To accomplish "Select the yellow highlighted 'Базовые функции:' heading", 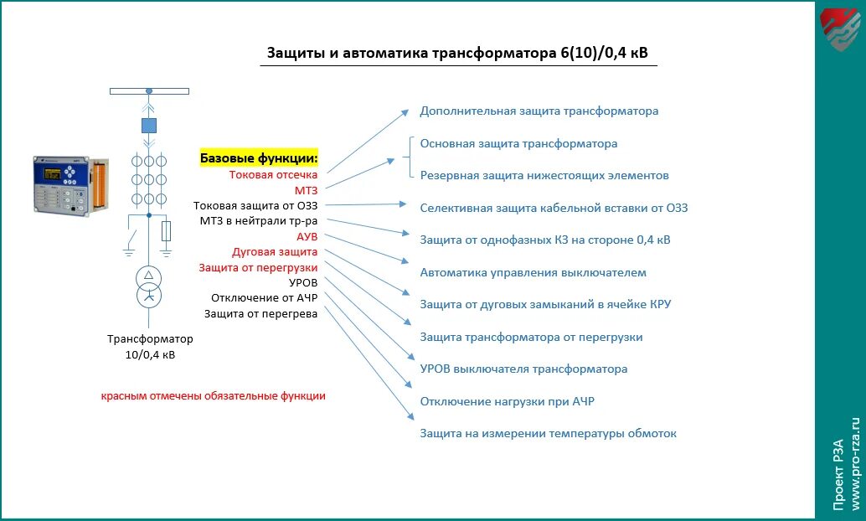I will click(259, 158).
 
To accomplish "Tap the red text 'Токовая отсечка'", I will click(273, 175).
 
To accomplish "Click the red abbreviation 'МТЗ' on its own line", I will click(306, 191).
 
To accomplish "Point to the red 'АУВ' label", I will click(307, 236).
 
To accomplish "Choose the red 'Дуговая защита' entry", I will click(275, 252).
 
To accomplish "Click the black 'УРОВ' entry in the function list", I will click(303, 283).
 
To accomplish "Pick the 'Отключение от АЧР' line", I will click(265, 298).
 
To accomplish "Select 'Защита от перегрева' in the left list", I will click(261, 314).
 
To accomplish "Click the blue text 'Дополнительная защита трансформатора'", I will click(539, 111).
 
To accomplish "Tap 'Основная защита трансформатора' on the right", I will click(518, 143).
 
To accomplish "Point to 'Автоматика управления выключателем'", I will click(533, 272).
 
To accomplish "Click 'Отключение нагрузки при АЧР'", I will click(507, 401).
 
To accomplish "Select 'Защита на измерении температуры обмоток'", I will click(548, 433).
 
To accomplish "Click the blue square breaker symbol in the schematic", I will click(148, 126).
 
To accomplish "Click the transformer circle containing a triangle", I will click(148, 277).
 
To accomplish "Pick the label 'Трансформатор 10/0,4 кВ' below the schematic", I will click(150, 347).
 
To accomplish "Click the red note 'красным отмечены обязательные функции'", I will click(214, 396).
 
